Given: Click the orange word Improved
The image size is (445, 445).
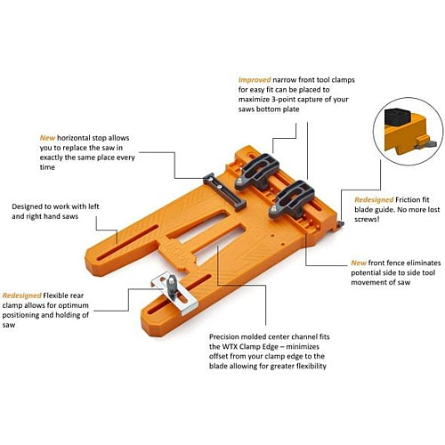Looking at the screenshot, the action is click(255, 80).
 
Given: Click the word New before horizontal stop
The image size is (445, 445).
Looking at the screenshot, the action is click(47, 138).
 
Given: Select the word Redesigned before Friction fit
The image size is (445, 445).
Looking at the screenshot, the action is click(374, 200).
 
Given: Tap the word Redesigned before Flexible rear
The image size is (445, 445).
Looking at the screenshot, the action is click(21, 295).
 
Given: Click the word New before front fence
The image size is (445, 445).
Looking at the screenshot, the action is click(359, 263).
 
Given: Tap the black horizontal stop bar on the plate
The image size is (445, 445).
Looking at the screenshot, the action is click(224, 191).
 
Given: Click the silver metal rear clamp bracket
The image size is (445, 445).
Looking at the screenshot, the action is click(174, 292).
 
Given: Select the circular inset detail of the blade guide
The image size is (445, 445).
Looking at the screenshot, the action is click(408, 132).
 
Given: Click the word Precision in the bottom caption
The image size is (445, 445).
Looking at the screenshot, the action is click(224, 336).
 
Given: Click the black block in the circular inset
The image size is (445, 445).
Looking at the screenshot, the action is click(398, 117).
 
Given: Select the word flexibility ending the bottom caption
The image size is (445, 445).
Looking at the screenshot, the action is click(310, 366).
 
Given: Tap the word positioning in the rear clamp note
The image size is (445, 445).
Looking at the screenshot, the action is click(20, 315).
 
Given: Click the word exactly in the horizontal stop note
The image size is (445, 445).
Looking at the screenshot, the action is click(51, 158).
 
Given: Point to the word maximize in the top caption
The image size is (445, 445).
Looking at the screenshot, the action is click(253, 100).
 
